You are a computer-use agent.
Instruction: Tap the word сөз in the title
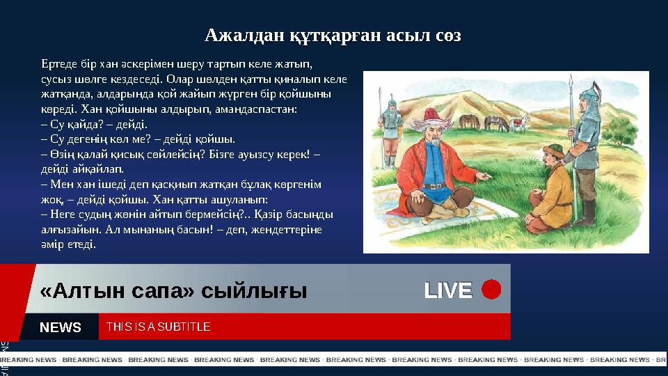pyautogui.click(x=446, y=35)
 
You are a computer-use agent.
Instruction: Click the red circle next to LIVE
pyautogui.click(x=491, y=290)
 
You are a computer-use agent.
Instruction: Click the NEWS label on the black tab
pyautogui.click(x=60, y=327)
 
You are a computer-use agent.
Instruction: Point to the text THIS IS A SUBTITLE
pyautogui.click(x=158, y=327)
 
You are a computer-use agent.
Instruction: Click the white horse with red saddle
pyautogui.click(x=519, y=123)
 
